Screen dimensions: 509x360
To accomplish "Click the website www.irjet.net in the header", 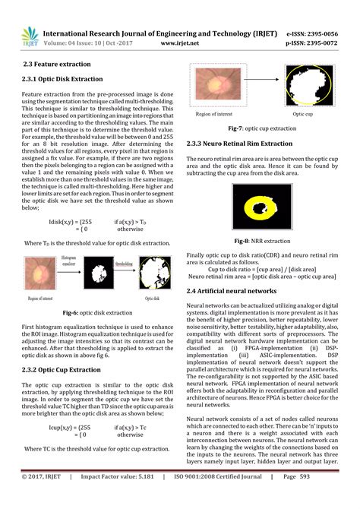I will pyautogui.click(x=180, y=44).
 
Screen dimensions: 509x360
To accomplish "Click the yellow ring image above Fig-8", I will pyautogui.click(x=261, y=207).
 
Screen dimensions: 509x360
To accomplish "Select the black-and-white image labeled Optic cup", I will pyautogui.click(x=308, y=87).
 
